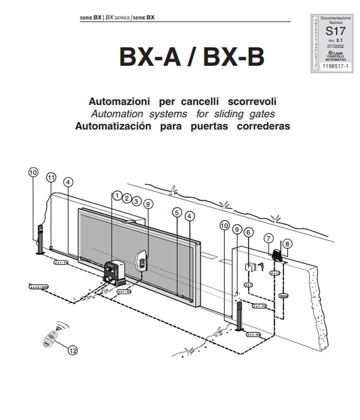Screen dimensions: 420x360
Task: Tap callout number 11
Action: pos(51,177)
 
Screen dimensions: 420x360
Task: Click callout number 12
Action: pos(72,350)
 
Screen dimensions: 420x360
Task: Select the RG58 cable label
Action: pos(284,296)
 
